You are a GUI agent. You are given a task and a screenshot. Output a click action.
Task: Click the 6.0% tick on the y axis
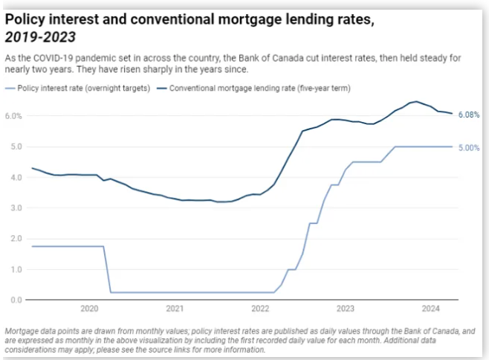click(13, 116)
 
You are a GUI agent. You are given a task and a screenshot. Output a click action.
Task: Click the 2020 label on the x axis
click(89, 308)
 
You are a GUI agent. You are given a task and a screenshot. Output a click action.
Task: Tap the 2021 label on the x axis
click(175, 308)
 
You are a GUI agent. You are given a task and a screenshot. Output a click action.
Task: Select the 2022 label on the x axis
click(260, 308)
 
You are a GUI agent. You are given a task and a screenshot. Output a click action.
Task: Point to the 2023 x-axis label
click(345, 308)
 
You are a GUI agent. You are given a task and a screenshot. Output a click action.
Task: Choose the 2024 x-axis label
click(430, 308)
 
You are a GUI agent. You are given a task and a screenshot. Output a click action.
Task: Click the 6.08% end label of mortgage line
click(468, 115)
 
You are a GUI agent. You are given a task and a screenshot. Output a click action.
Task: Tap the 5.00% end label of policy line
click(468, 148)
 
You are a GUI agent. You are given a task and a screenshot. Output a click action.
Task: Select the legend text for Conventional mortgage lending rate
click(260, 88)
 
